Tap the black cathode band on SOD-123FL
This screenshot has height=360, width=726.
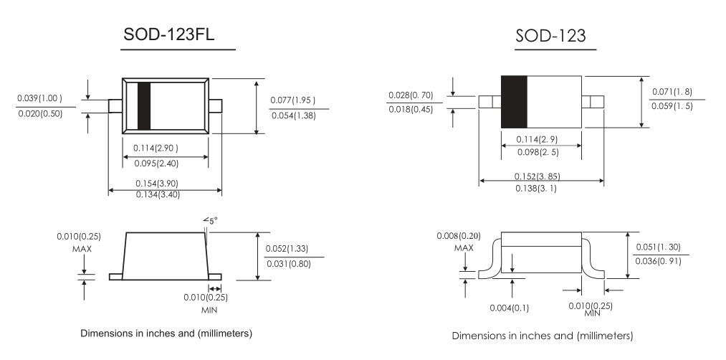pyautogui.click(x=144, y=106)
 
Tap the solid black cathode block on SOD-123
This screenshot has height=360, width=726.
pyautogui.click(x=514, y=101)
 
